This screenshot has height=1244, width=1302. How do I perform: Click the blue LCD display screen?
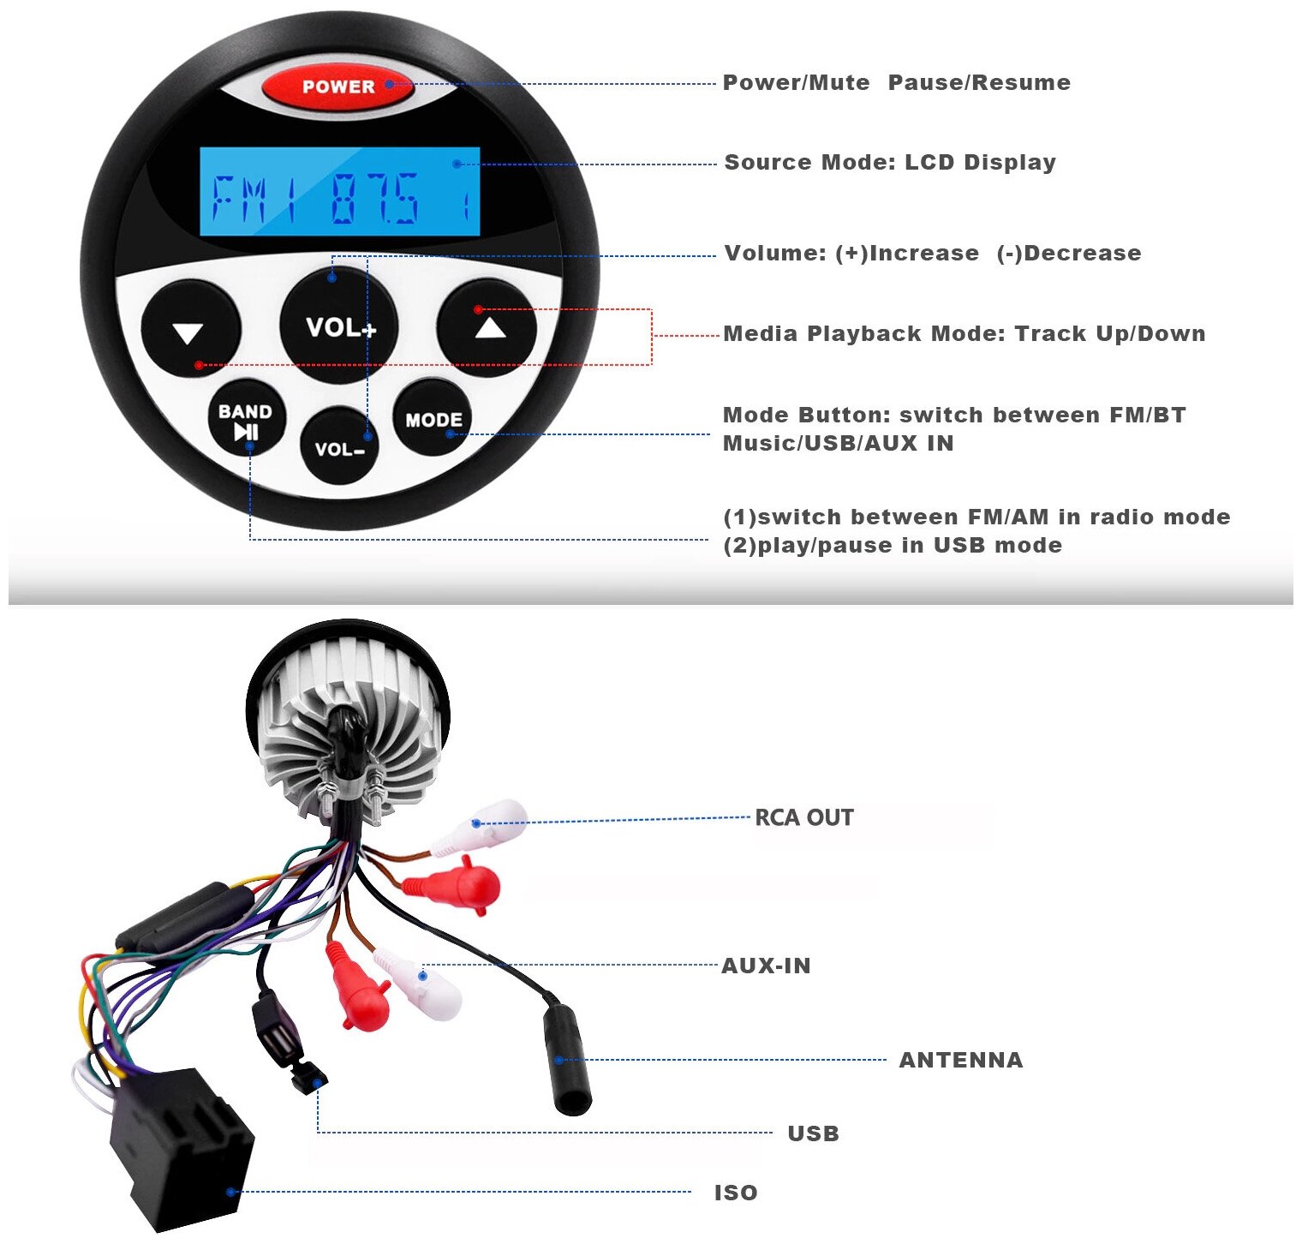[339, 192]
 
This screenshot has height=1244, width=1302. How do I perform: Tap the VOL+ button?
[339, 326]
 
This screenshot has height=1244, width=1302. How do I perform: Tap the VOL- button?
[339, 446]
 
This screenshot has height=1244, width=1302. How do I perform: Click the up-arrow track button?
[487, 327]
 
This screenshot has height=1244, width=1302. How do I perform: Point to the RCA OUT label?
[803, 817]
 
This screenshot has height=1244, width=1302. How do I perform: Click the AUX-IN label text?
[766, 966]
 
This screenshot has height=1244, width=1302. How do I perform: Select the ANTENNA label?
[960, 1060]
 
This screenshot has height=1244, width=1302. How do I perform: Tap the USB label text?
[813, 1133]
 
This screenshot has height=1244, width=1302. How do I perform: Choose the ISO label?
[736, 1193]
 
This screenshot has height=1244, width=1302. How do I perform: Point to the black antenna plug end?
[567, 1062]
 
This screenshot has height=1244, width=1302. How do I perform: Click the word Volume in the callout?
[774, 254]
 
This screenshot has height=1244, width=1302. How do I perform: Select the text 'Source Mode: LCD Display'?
[890, 163]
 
